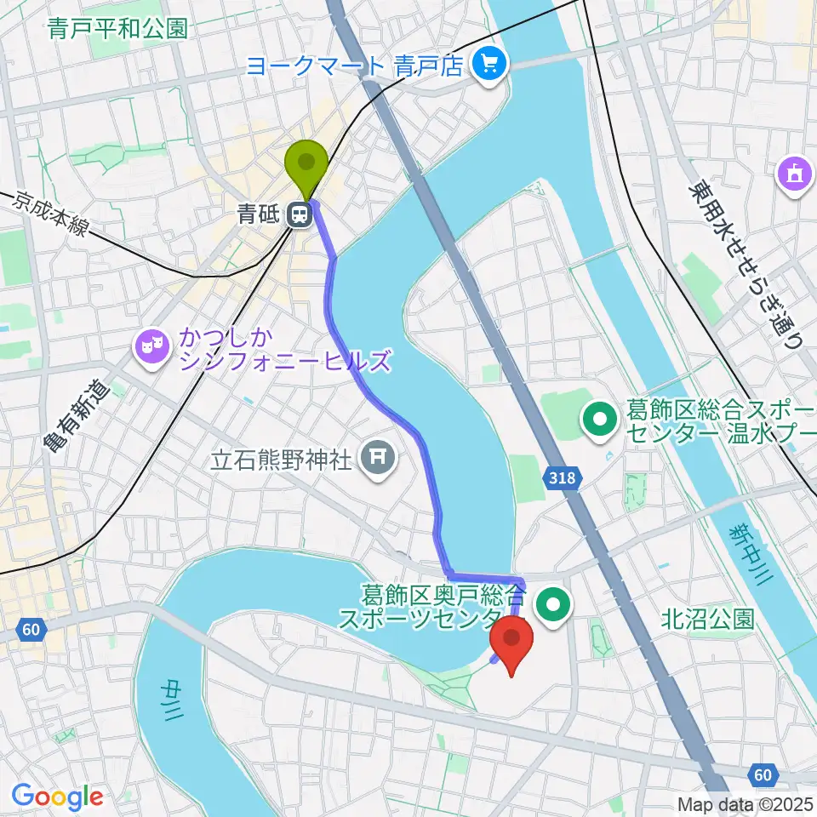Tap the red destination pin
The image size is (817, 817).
(x=511, y=643)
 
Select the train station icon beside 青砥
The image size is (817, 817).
(x=299, y=215)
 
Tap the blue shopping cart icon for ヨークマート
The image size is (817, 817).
(x=488, y=64)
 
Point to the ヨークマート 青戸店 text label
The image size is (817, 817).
(x=354, y=65)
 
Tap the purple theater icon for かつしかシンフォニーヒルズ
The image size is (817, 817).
(x=151, y=346)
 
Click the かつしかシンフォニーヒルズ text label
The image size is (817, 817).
(x=284, y=350)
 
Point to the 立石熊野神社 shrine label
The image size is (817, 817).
(x=282, y=461)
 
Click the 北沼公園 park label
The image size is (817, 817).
(x=707, y=619)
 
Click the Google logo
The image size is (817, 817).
(x=58, y=797)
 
